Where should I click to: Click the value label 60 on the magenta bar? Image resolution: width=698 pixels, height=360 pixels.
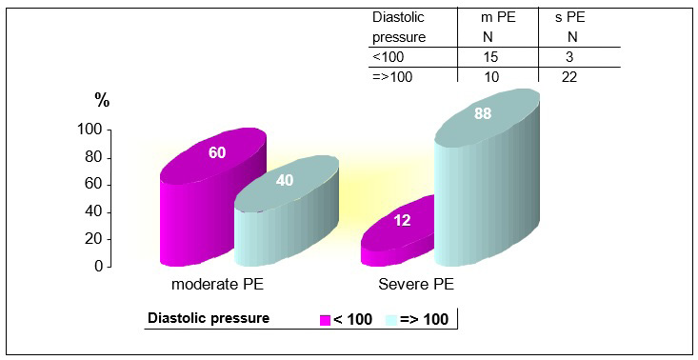(x=216, y=152)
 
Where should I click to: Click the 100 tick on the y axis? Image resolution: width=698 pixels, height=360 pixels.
(x=90, y=130)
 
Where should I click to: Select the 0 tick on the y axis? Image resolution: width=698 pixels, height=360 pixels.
(x=98, y=267)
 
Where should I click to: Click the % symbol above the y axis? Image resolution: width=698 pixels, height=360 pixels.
(x=101, y=98)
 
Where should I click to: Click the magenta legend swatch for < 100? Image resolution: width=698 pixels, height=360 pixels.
(x=324, y=319)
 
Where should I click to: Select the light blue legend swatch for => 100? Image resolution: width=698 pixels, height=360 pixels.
(x=390, y=319)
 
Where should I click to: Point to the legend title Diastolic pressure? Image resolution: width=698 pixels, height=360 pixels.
(x=207, y=318)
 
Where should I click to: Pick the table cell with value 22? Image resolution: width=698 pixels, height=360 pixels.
(x=569, y=77)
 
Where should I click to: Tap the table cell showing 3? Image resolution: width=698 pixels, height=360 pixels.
(x=569, y=58)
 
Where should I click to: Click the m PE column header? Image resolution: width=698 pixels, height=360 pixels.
(x=498, y=17)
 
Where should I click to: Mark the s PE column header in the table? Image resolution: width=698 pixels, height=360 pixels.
(x=569, y=17)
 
